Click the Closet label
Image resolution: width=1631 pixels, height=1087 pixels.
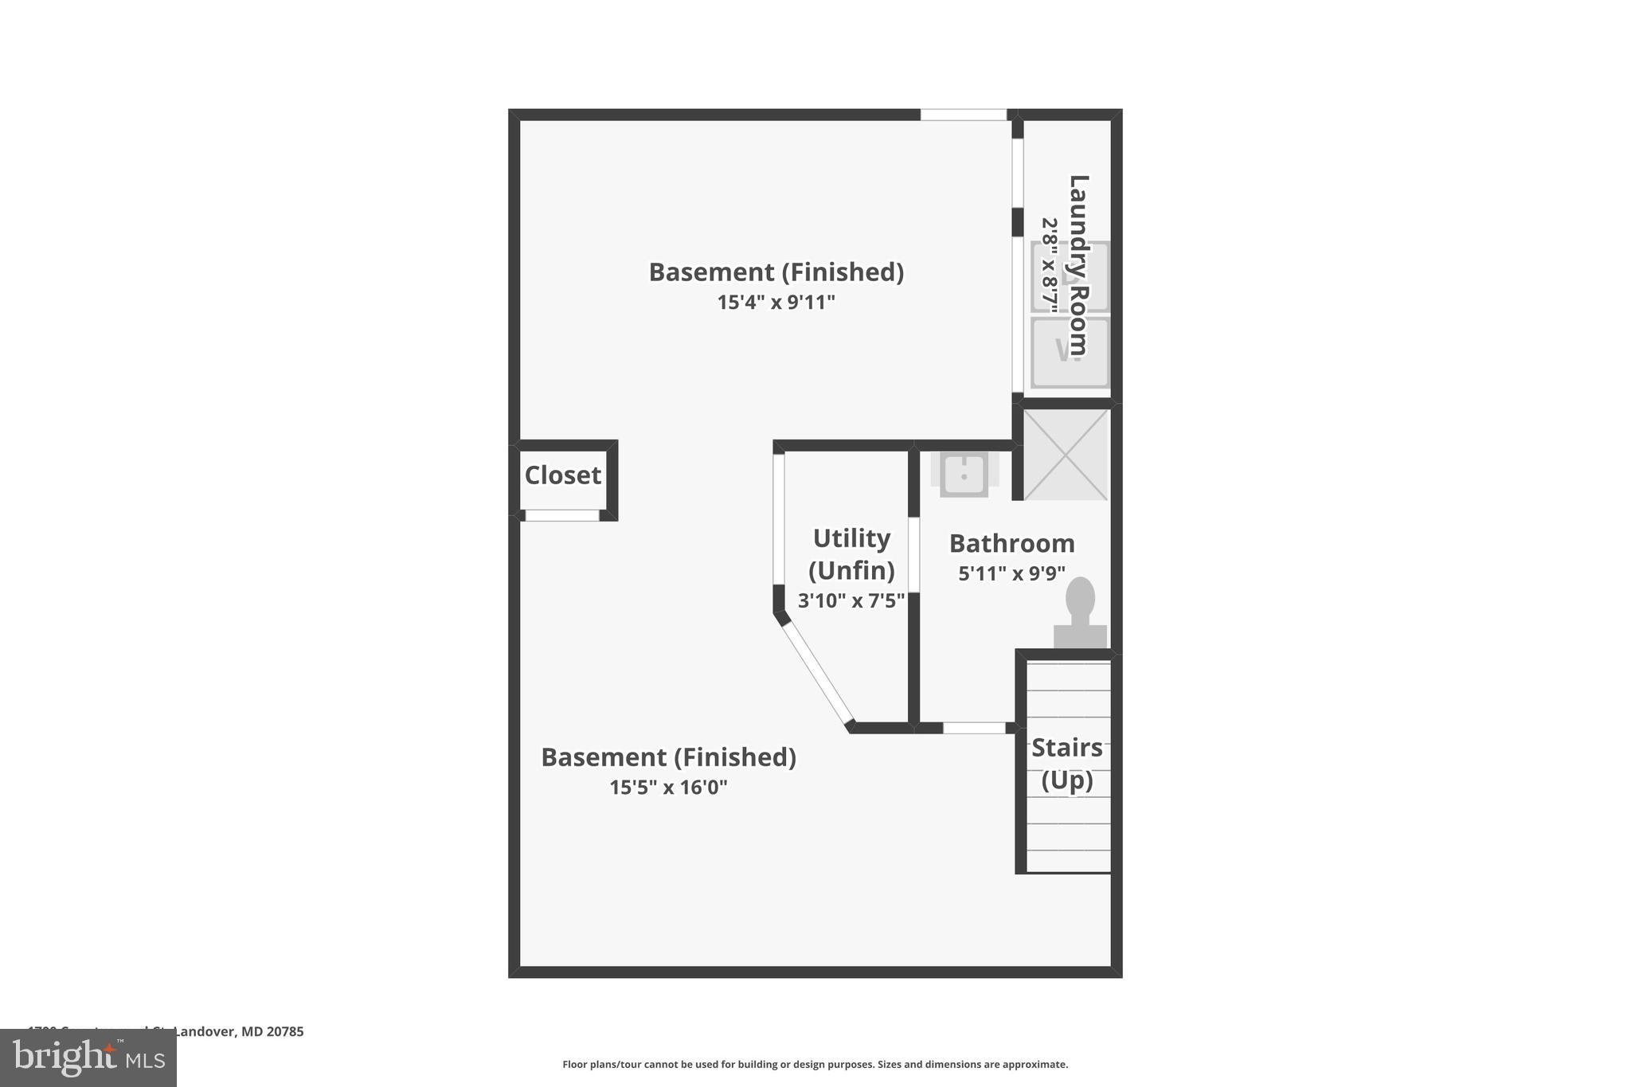562,475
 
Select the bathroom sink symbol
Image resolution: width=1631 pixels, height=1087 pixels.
964,475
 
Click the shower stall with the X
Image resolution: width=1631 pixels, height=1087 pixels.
1066,455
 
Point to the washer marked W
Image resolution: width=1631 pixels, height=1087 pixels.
1070,353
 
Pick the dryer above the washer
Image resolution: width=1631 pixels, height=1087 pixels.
1070,276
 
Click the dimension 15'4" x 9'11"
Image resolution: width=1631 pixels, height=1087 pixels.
776,303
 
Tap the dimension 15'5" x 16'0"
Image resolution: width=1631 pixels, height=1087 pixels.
668,788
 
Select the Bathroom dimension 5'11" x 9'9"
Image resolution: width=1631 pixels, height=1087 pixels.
1011,573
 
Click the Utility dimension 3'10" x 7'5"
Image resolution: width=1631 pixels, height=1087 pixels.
851,600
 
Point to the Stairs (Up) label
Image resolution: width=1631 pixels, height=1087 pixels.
1066,764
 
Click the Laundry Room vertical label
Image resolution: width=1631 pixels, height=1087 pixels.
1078,265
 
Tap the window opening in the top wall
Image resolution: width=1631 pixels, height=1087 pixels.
964,115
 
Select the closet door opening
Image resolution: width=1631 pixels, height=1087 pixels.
562,516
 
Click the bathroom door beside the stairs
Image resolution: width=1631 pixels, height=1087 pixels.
974,728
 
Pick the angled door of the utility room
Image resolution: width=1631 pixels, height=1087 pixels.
817,674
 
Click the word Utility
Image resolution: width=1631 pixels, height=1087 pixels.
851,538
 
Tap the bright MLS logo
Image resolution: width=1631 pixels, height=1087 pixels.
88,1058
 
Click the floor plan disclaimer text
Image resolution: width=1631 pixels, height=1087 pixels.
815,1065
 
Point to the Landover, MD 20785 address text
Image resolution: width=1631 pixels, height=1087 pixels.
238,1031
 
